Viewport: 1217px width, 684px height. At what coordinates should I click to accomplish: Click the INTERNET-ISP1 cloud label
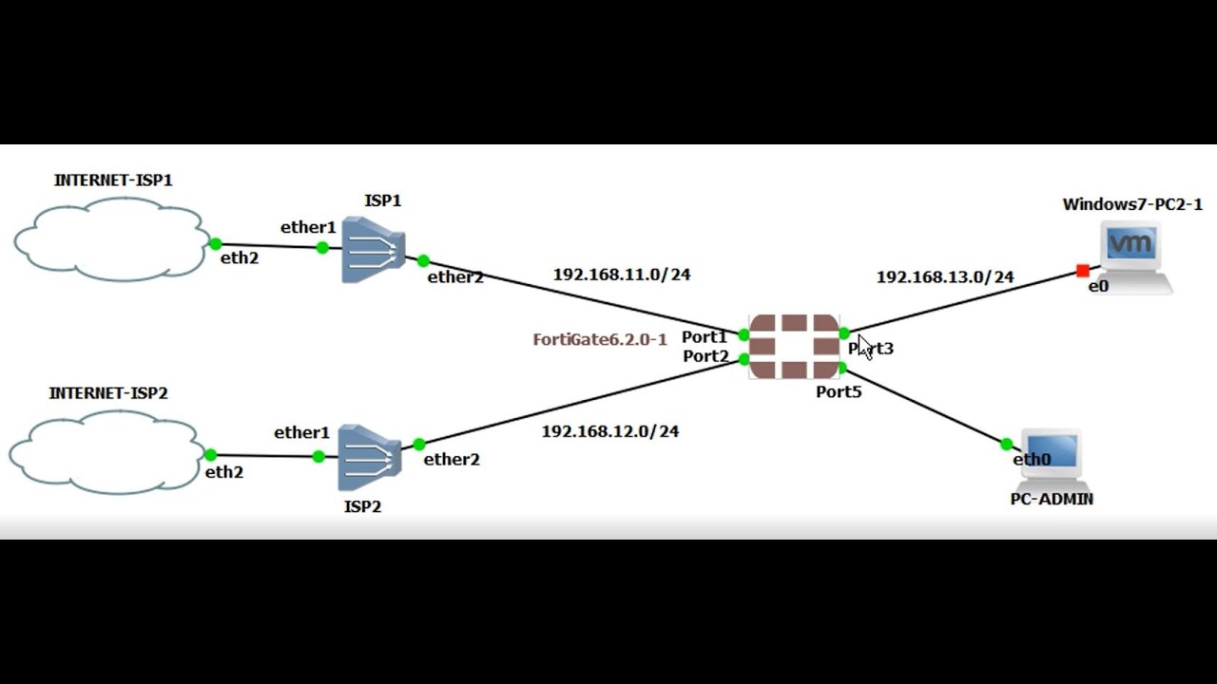click(113, 180)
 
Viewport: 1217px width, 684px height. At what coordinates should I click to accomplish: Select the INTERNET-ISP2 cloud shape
click(106, 452)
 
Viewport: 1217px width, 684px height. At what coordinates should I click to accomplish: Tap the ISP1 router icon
click(373, 250)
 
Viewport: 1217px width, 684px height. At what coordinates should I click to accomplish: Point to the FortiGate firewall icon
click(795, 347)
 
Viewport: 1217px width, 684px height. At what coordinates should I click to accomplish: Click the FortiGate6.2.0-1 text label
click(600, 339)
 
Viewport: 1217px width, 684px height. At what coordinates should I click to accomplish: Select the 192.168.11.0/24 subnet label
click(622, 275)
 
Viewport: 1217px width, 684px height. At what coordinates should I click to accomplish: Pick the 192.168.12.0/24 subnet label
click(610, 431)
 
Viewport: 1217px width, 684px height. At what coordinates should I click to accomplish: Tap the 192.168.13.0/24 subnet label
click(945, 277)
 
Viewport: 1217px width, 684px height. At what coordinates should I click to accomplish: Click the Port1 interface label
click(704, 337)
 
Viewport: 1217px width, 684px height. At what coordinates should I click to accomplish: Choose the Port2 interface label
click(705, 356)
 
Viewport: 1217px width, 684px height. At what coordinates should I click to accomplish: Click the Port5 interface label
click(839, 391)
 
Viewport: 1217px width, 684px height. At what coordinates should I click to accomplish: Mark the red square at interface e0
click(1082, 272)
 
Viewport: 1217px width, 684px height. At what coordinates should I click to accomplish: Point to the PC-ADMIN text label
click(1052, 499)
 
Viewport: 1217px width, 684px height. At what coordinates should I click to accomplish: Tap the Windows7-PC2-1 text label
click(1132, 204)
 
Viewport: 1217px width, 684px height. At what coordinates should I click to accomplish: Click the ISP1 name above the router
click(382, 200)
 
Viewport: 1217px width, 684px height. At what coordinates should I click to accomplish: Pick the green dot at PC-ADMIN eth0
click(1006, 444)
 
